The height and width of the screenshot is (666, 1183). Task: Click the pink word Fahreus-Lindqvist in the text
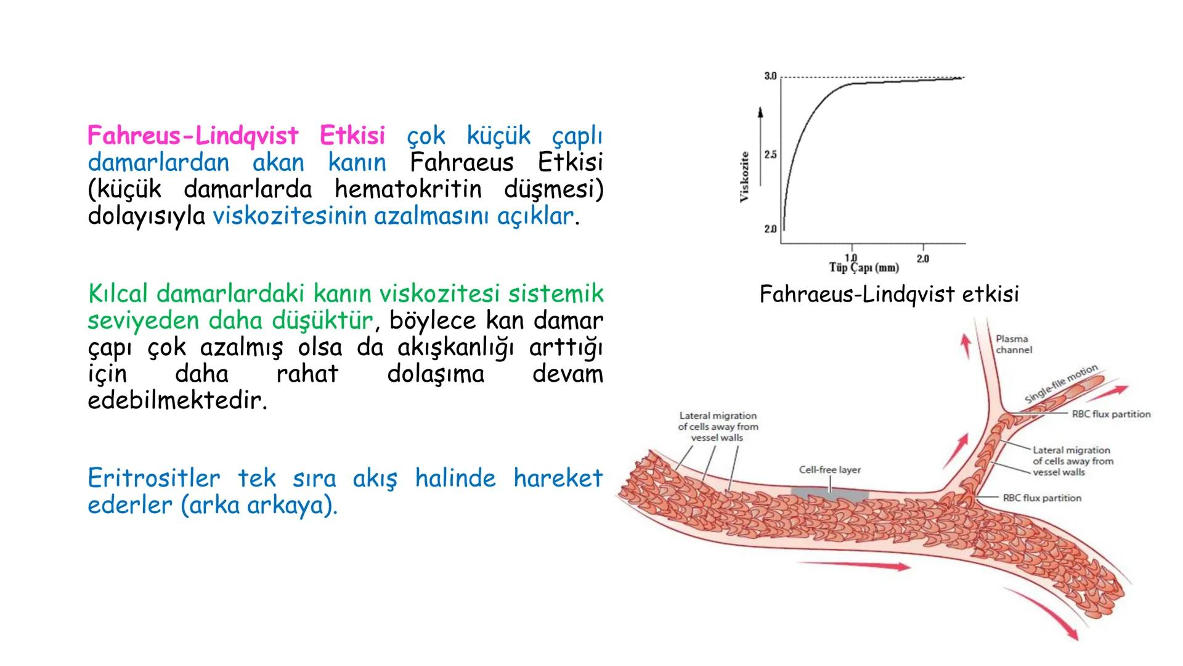pyautogui.click(x=193, y=135)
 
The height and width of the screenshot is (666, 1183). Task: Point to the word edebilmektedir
pyautogui.click(x=177, y=401)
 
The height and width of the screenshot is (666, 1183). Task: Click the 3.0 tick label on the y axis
pyautogui.click(x=770, y=76)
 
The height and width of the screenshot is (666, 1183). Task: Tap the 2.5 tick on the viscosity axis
pyautogui.click(x=770, y=155)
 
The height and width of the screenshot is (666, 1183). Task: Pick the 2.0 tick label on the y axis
pyautogui.click(x=770, y=229)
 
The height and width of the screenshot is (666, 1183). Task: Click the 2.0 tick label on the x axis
pyautogui.click(x=922, y=259)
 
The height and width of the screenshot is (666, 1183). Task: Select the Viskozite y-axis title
pyautogui.click(x=744, y=176)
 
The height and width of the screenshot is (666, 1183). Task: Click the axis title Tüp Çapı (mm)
pyautogui.click(x=864, y=268)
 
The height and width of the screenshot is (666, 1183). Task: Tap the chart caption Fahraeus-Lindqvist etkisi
pyautogui.click(x=889, y=294)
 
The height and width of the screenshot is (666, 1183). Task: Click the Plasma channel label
pyautogui.click(x=1014, y=344)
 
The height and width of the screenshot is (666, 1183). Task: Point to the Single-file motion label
pyautogui.click(x=1061, y=384)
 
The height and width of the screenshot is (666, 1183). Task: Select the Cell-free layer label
pyautogui.click(x=829, y=470)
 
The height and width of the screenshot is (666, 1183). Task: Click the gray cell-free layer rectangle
pyautogui.click(x=829, y=493)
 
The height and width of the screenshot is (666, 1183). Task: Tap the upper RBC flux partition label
pyautogui.click(x=1111, y=414)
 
